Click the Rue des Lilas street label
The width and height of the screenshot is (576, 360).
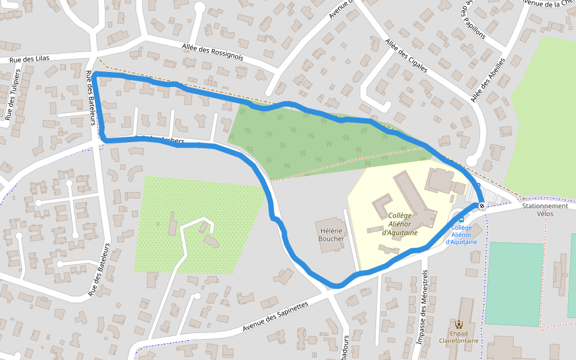[x=29, y=58]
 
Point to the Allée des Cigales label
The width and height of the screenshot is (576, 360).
[x=406, y=56]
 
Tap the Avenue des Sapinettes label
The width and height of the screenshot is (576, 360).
[x=275, y=317]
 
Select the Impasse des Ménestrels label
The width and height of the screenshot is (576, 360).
[x=422, y=307]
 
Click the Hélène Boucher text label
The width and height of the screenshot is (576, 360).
[x=332, y=234]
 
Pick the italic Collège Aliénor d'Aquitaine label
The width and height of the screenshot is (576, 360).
[x=400, y=224]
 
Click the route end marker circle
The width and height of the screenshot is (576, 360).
[x=481, y=206]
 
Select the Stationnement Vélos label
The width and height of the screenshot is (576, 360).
[x=545, y=209]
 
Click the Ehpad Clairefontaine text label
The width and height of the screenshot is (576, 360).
[x=459, y=337]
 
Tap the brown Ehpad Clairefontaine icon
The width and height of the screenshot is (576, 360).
[x=459, y=324]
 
